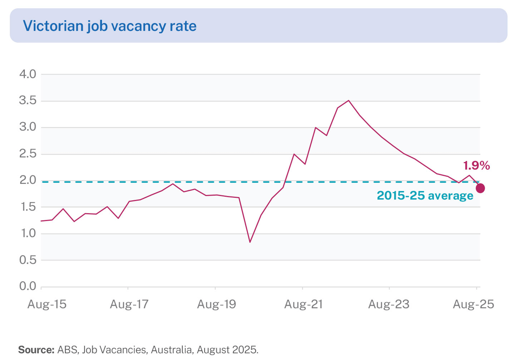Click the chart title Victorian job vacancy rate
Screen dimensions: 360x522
tap(109, 26)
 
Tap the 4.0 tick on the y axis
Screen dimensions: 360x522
tap(28, 74)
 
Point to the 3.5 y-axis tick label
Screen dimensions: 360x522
tap(28, 101)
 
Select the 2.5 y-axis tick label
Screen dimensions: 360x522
tap(28, 154)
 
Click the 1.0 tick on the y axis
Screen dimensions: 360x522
tap(28, 234)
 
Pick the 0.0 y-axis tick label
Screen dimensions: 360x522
tap(28, 286)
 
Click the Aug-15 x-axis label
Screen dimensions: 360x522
tap(47, 304)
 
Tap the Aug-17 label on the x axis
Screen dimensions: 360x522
tap(129, 304)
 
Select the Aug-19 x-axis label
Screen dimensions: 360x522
tap(216, 304)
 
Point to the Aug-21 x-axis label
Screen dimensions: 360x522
tap(303, 304)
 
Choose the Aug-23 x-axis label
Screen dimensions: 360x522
tap(389, 304)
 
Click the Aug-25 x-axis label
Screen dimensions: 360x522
tap(473, 304)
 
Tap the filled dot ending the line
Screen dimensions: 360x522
tap(480, 188)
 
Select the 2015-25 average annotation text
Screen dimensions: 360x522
tap(425, 196)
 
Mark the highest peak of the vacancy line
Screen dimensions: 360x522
tap(348, 101)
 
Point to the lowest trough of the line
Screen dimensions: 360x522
tap(250, 242)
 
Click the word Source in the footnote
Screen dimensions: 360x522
tap(36, 350)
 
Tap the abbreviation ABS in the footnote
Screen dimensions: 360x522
tap(67, 350)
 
